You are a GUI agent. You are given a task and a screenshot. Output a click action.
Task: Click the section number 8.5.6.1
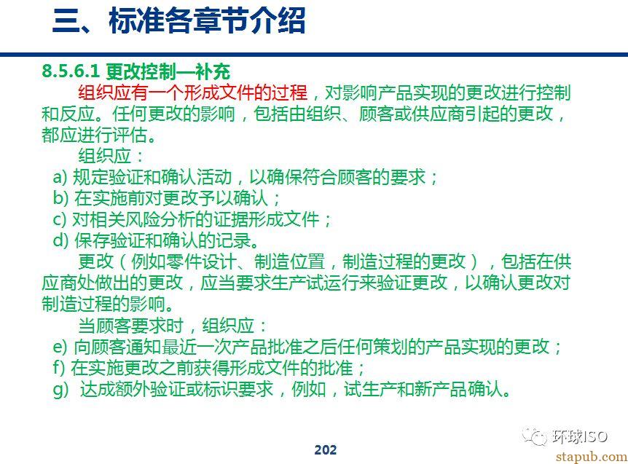tap(71, 71)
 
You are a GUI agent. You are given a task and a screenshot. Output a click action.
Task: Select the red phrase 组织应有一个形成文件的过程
tap(192, 93)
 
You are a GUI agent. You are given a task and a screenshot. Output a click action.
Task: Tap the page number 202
tap(325, 450)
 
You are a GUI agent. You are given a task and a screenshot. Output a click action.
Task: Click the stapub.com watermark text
tap(591, 457)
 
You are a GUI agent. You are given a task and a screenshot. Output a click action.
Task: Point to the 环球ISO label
tap(579, 436)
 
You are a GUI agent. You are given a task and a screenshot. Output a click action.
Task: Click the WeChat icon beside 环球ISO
tap(534, 436)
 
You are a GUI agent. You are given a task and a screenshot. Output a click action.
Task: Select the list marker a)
tap(60, 177)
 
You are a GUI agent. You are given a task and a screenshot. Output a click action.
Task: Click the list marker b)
tap(61, 198)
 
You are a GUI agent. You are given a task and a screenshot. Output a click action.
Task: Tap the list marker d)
tap(61, 240)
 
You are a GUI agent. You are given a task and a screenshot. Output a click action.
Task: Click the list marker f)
tap(59, 368)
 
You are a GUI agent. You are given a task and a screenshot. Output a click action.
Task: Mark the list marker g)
tap(61, 390)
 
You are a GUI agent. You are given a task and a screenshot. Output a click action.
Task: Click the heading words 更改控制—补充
tap(168, 71)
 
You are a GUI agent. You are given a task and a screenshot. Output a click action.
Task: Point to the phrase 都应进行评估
tap(94, 135)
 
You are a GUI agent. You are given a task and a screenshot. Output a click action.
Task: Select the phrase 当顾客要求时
tap(130, 326)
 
